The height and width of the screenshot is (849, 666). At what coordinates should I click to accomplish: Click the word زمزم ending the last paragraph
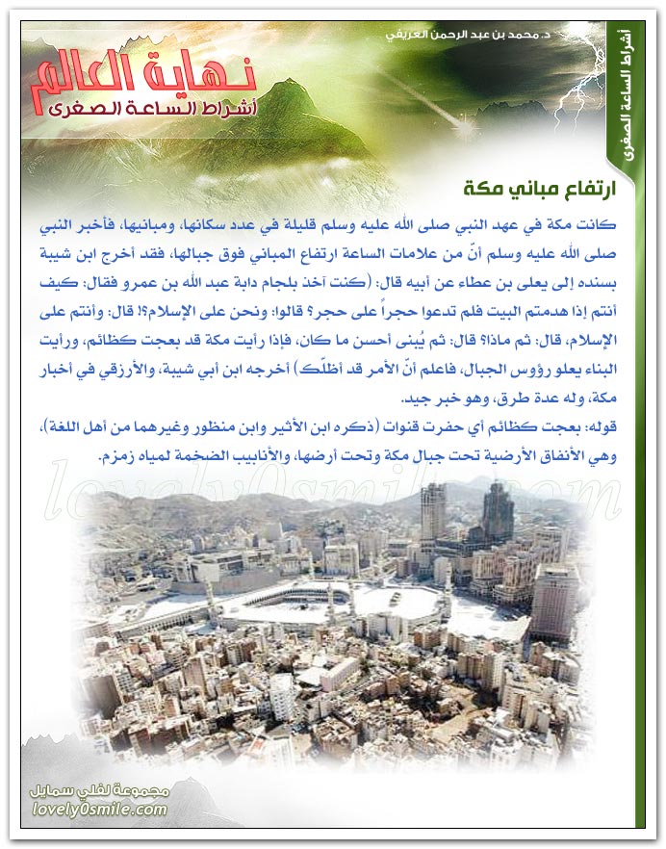pos(116,457)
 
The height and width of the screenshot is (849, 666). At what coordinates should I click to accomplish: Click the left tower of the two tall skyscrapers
pos(433,515)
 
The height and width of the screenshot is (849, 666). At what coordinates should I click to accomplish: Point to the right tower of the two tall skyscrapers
pos(499,510)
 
